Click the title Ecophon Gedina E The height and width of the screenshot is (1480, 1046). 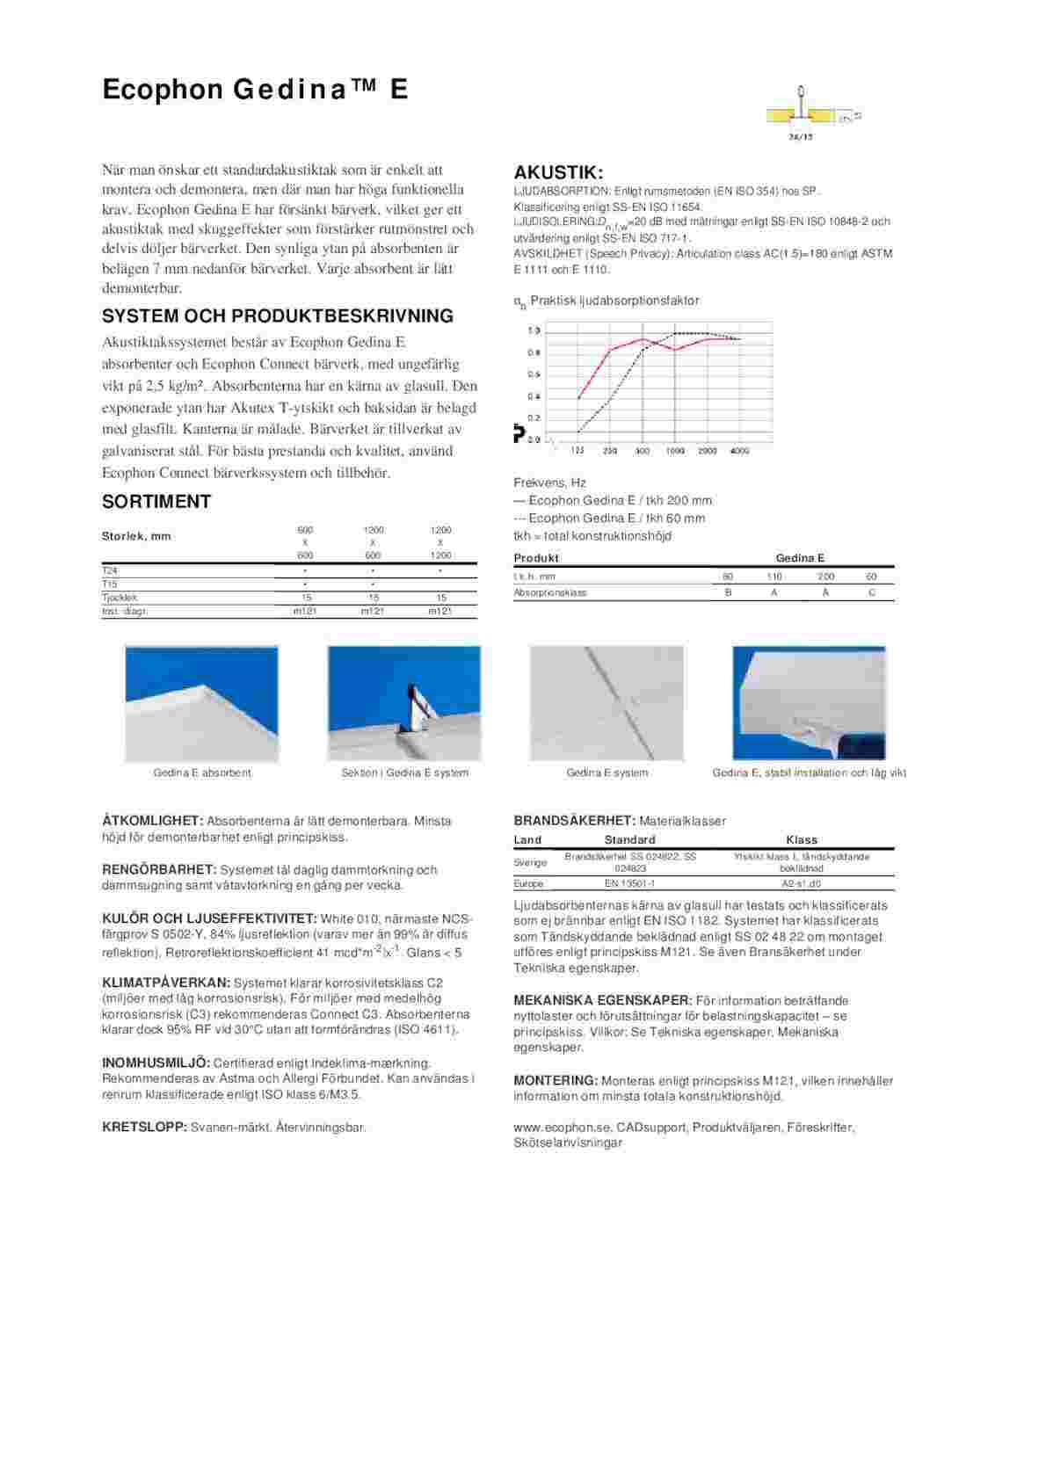[255, 90]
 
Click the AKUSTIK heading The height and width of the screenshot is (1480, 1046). [558, 172]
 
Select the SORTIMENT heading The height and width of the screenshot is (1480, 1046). [156, 502]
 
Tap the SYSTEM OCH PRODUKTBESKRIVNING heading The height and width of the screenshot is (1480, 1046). [278, 316]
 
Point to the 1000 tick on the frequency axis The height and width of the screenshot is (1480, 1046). [675, 451]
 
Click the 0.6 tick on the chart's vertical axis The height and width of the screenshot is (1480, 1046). [534, 374]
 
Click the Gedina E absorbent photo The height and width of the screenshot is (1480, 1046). [202, 703]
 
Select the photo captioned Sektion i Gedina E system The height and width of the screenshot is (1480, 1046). [404, 703]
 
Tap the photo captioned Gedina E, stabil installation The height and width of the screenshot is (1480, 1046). [809, 703]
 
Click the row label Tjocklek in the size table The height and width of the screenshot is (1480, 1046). [120, 598]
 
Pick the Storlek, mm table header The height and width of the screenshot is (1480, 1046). [136, 536]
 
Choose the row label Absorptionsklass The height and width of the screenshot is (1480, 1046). [550, 592]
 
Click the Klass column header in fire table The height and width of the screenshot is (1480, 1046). [802, 839]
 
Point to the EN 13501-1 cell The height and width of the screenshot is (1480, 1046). [629, 883]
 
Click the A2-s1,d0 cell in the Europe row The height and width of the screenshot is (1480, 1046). [801, 883]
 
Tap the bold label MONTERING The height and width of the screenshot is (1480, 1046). [556, 1080]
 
